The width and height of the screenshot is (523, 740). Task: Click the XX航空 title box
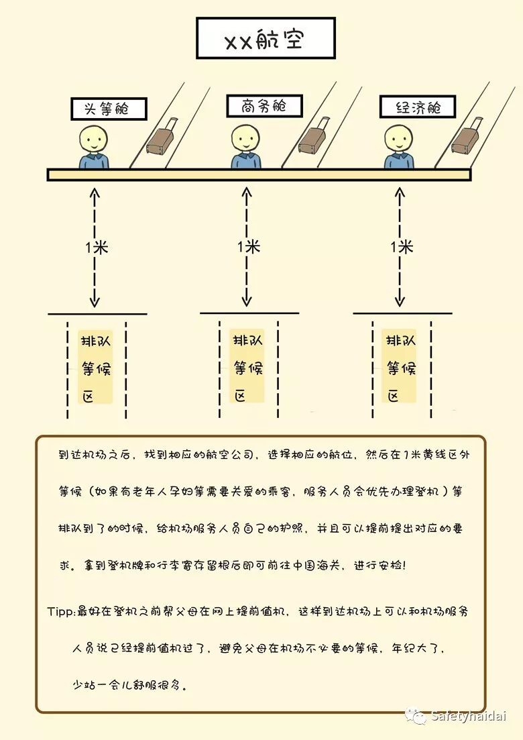tap(265, 39)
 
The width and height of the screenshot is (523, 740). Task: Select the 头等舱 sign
tap(109, 109)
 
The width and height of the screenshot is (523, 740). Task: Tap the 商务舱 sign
tap(264, 106)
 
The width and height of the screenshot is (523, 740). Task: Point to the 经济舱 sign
tap(417, 107)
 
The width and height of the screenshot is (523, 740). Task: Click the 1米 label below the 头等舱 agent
tap(97, 247)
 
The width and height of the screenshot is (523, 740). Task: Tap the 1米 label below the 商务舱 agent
tap(248, 247)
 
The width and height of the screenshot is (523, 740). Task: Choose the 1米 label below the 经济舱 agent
tap(402, 247)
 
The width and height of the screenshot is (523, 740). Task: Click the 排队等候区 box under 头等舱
tap(97, 366)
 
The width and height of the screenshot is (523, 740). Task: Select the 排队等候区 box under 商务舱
tap(248, 366)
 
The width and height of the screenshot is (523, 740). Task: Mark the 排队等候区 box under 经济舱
tap(402, 366)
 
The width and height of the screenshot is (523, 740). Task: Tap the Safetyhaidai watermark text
tap(469, 716)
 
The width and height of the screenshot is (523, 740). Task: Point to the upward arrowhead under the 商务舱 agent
tap(247, 193)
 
